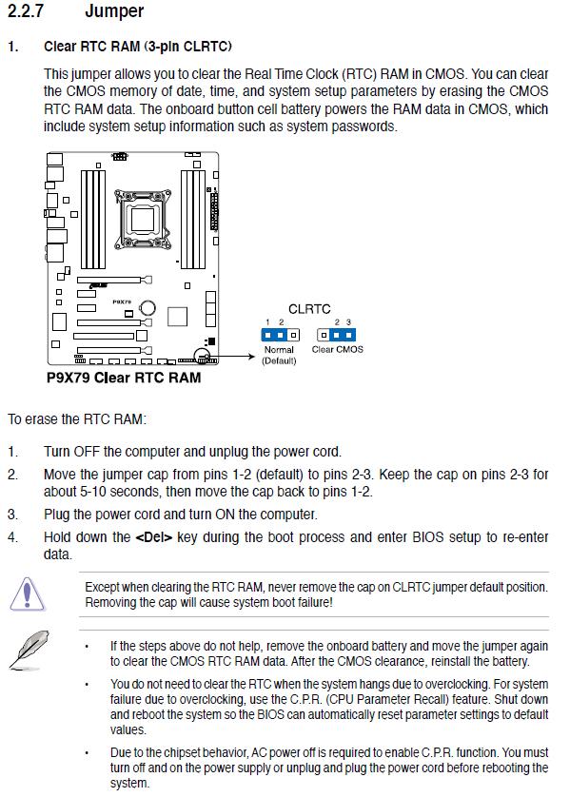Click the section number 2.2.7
(26, 10)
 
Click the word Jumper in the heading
(114, 11)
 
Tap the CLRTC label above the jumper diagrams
(309, 309)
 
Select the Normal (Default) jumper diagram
(280, 335)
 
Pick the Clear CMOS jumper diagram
(336, 335)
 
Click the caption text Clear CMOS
(337, 349)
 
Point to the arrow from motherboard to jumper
(231, 357)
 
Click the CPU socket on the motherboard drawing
(143, 219)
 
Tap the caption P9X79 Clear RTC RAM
(124, 378)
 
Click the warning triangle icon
(28, 594)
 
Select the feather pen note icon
(29, 650)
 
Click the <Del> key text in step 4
(153, 537)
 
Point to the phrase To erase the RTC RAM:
(77, 419)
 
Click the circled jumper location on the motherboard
(202, 356)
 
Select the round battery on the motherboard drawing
(147, 307)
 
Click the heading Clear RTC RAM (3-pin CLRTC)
(138, 47)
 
